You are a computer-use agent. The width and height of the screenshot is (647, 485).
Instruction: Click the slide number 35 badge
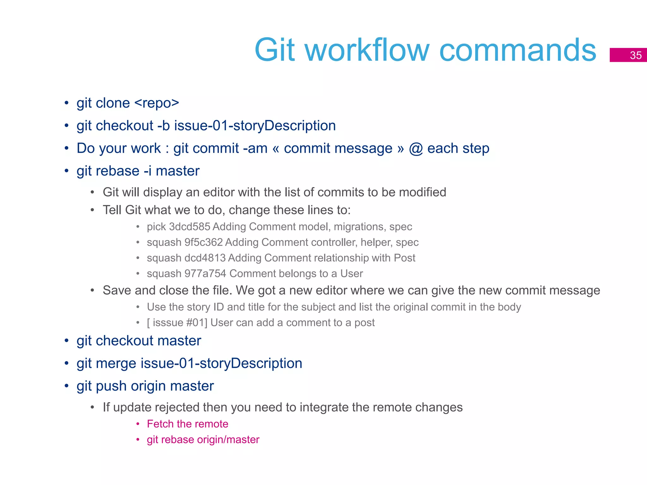pos(628,55)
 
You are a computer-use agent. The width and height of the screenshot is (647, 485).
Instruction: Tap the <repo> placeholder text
pos(157,103)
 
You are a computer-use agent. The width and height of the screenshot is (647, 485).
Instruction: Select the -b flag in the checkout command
pos(164,126)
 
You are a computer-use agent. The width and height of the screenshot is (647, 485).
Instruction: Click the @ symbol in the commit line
pos(416,148)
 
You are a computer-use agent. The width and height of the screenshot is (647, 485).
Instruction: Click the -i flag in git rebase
pos(148,171)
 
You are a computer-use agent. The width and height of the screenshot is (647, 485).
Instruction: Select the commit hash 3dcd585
pos(190,227)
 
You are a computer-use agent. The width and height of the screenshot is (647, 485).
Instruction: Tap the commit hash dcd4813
pos(205,258)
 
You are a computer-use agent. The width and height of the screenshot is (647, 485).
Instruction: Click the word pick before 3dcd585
pos(156,227)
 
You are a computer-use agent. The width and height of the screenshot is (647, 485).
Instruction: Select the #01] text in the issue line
pos(197,323)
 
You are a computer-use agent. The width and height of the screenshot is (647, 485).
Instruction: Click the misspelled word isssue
pos(167,323)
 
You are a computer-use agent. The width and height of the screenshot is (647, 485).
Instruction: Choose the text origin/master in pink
pos(228,440)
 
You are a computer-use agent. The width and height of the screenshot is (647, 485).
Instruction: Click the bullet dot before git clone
pos(66,103)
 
